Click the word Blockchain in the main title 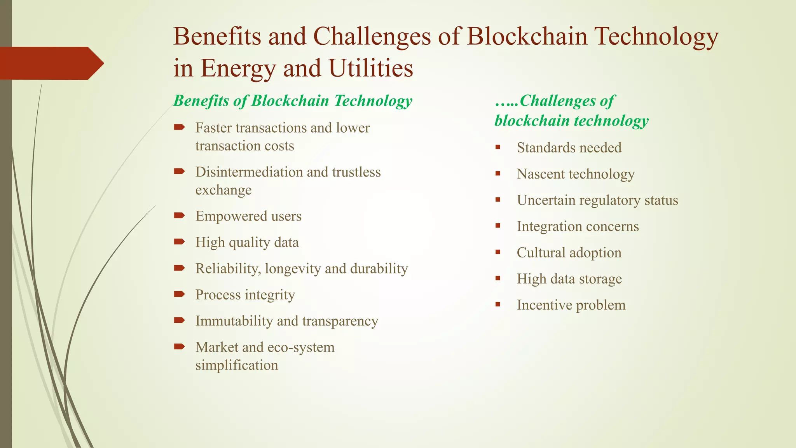tap(527, 37)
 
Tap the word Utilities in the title tap(370, 68)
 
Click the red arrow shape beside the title tap(51, 63)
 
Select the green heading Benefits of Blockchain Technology tap(292, 101)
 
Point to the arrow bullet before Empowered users tap(179, 215)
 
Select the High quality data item tap(247, 242)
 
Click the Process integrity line tap(245, 295)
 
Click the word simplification tap(236, 365)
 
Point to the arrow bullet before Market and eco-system tap(179, 346)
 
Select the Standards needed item tap(569, 148)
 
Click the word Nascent tap(540, 174)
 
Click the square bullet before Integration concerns tap(498, 226)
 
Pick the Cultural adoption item tap(569, 253)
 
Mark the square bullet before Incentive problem tap(498, 304)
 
